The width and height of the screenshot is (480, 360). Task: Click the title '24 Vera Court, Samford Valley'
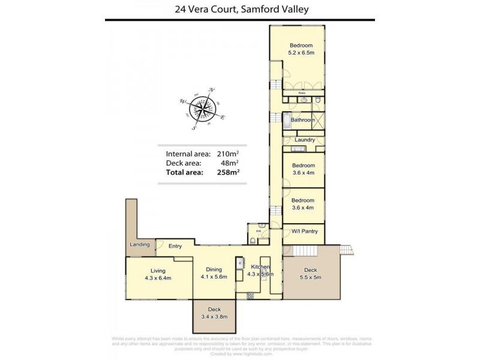coord(239,9)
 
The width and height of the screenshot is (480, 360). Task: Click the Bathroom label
coord(302,120)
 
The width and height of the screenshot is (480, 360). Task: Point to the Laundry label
coord(305,140)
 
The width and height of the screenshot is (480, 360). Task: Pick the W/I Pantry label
coord(304,231)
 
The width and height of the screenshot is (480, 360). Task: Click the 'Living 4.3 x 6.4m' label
coord(158,274)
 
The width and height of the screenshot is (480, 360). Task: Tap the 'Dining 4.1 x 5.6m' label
coord(214,273)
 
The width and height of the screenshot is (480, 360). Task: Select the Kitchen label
coord(260,271)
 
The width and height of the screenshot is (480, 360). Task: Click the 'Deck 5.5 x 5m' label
coord(311,274)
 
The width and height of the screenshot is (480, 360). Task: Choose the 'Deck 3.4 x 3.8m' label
coord(214,313)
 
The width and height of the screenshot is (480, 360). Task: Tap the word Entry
coord(175,246)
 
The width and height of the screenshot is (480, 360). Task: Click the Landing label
coord(140,245)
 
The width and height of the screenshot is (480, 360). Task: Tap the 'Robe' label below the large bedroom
coord(303,93)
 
